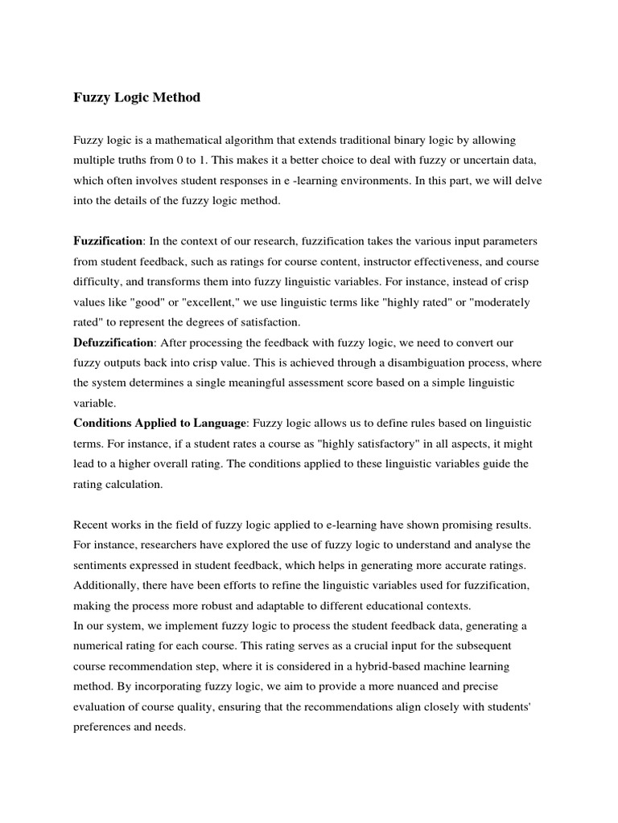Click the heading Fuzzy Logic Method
pyautogui.click(x=137, y=98)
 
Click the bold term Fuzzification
pyautogui.click(x=108, y=241)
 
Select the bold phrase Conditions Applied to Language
pyautogui.click(x=162, y=424)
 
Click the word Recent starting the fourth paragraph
pyautogui.click(x=92, y=525)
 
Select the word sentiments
pyautogui.click(x=104, y=565)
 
